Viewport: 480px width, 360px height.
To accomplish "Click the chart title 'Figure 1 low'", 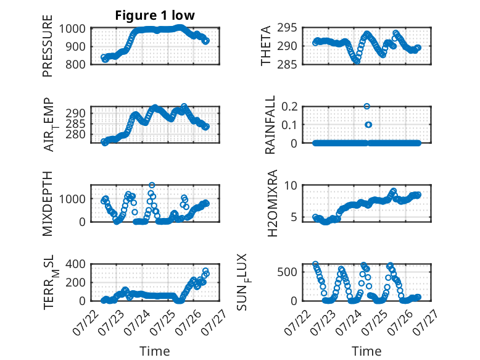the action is tap(155, 15).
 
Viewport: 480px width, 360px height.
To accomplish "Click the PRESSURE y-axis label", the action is tap(48, 46).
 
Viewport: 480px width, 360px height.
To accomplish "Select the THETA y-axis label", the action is tap(266, 46).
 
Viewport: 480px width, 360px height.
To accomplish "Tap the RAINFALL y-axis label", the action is tap(270, 125).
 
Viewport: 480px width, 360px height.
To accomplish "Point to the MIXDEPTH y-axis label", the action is tap(48, 204).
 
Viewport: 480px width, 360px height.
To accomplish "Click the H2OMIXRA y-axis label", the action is tap(272, 203).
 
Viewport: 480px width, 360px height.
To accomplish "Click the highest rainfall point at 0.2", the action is tap(366, 106).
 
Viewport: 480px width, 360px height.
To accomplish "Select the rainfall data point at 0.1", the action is tap(368, 125).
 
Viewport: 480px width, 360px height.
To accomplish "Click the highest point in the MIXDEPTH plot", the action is tap(152, 185).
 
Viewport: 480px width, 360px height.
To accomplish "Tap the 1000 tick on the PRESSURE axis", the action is tap(72, 29).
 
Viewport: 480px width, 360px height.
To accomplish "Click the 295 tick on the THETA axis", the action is tap(287, 28).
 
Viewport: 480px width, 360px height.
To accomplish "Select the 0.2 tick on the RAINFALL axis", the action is tap(289, 107).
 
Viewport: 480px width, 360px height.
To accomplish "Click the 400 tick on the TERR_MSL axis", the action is tap(75, 264).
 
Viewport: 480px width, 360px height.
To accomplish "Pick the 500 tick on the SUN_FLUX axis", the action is tap(287, 272).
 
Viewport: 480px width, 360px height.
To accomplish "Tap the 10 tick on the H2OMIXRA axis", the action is tap(291, 185).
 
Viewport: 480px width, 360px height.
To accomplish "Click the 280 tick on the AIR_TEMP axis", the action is tap(75, 135).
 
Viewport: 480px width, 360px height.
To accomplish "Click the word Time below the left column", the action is tap(155, 351).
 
